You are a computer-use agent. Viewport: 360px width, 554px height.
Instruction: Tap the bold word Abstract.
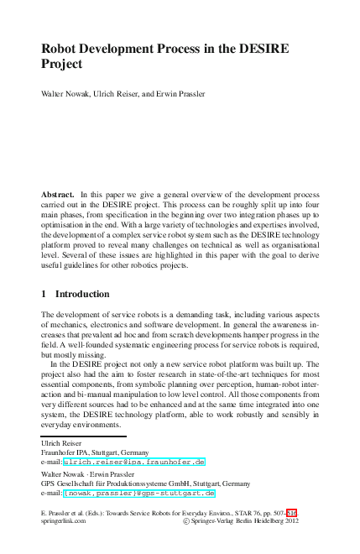pyautogui.click(x=58, y=194)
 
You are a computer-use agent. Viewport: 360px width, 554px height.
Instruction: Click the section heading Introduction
pyautogui.click(x=82, y=294)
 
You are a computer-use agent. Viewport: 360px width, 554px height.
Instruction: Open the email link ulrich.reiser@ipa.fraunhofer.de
pyautogui.click(x=134, y=462)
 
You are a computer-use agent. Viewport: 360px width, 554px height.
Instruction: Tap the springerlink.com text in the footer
pyautogui.click(x=63, y=520)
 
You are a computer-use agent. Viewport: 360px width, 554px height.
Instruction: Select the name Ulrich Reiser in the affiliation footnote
pyautogui.click(x=61, y=442)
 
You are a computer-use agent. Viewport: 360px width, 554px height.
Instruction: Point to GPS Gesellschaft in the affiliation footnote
pyautogui.click(x=76, y=483)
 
